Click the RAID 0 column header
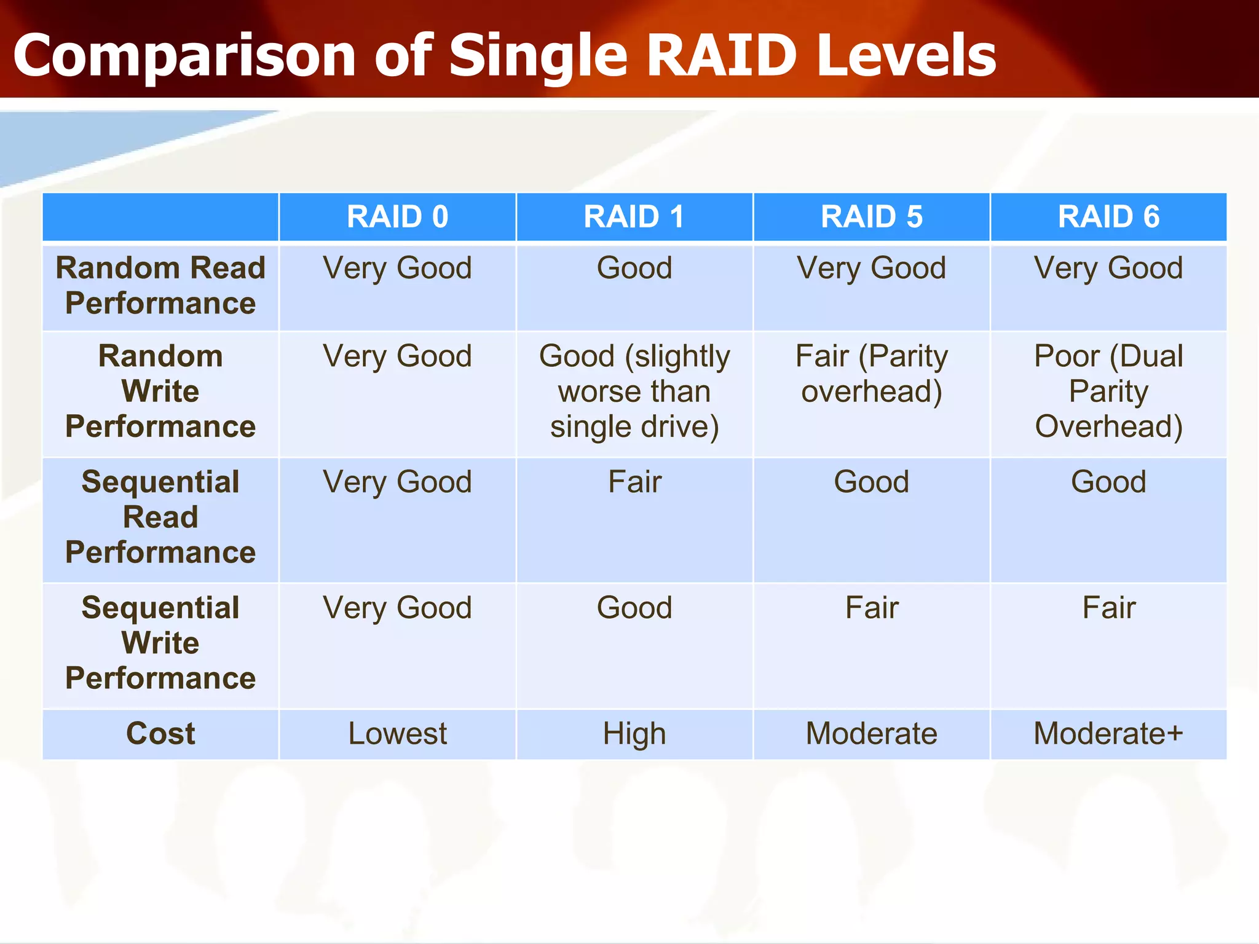[397, 217]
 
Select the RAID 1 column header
[634, 217]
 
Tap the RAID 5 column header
[871, 217]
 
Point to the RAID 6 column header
[1108, 217]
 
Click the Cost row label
[160, 734]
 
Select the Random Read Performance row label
[160, 286]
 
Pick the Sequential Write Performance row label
[160, 643]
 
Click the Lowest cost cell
[397, 734]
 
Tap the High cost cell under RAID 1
[634, 734]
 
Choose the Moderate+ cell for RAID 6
[1108, 734]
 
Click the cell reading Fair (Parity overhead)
[871, 374]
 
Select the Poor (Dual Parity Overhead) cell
[1108, 391]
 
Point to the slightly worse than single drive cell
[634, 391]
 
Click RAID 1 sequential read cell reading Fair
[634, 482]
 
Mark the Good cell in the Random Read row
[634, 269]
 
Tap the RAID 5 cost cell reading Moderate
[871, 734]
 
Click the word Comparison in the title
[184, 57]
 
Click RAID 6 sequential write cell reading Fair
[1108, 608]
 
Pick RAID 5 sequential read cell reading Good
[871, 482]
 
